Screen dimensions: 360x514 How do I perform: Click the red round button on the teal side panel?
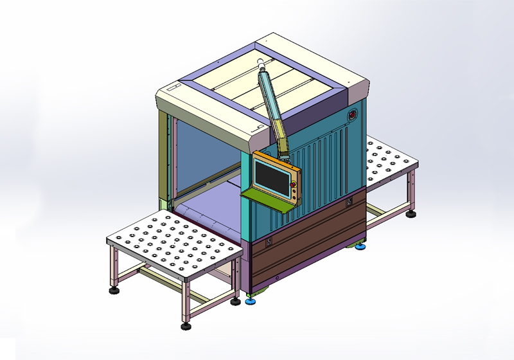pyautogui.click(x=352, y=116)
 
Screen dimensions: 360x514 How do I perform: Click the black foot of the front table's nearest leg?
pyautogui.click(x=186, y=326)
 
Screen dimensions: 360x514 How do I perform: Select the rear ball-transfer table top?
pyautogui.click(x=388, y=160)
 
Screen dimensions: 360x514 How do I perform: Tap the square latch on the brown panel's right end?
pyautogui.click(x=349, y=202)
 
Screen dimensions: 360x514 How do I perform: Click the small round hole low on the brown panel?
pyautogui.click(x=277, y=277)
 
